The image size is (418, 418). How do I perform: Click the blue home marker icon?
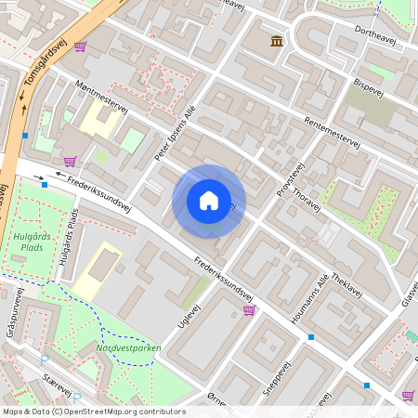pos(208,201)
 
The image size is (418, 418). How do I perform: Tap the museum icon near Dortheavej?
pos(277,41)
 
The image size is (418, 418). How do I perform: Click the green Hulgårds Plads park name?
pos(28,242)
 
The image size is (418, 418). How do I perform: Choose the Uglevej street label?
pos(189,312)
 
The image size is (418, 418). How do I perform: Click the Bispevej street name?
pos(369,85)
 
